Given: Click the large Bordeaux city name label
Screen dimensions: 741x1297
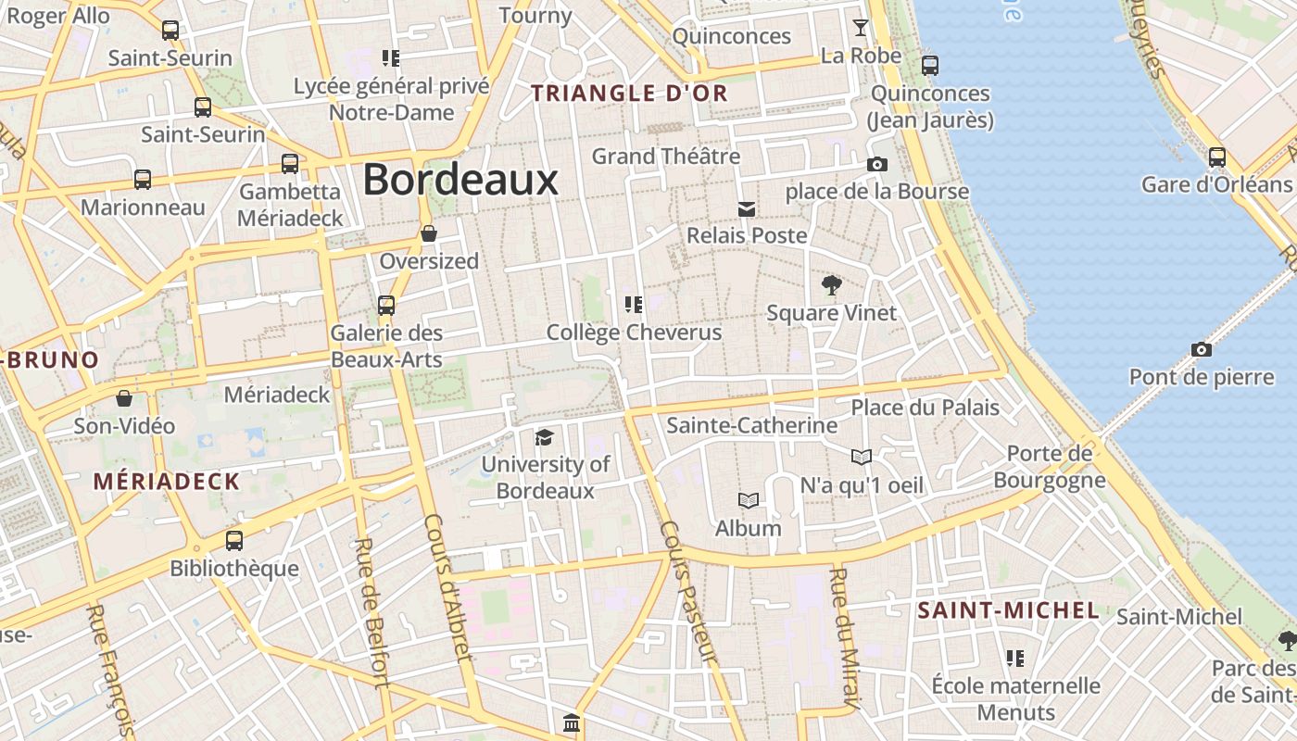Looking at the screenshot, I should click(x=460, y=180).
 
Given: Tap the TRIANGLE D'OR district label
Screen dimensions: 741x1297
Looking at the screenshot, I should click(x=629, y=94).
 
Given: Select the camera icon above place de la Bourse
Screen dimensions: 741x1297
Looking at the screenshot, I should click(x=876, y=165).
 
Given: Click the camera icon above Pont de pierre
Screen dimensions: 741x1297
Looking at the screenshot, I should click(x=1201, y=349).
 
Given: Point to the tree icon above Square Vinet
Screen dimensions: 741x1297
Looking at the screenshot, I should click(x=832, y=284).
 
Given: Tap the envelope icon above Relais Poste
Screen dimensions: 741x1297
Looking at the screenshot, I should click(x=746, y=208).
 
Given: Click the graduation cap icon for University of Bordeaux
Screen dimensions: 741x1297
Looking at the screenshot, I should click(x=544, y=437).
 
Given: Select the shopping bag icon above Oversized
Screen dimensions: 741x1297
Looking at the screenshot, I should click(x=428, y=233).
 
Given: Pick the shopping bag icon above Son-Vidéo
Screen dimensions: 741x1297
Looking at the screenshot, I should click(x=124, y=398).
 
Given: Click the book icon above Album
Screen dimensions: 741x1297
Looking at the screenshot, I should click(x=748, y=501).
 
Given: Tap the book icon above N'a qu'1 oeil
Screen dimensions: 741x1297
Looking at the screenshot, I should click(x=861, y=457).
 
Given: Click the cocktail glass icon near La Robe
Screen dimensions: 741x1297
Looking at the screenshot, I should click(x=861, y=28).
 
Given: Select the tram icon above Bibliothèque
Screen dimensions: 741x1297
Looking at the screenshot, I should click(x=234, y=540).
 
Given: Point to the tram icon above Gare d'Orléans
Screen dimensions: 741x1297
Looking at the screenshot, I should click(x=1216, y=157).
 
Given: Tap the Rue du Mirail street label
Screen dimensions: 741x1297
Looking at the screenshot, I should click(x=843, y=639).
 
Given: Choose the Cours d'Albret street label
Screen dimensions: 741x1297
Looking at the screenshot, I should click(x=449, y=602).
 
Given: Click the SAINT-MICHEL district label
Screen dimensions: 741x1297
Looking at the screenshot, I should click(x=1008, y=610).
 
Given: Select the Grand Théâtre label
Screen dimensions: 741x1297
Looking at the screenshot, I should click(x=665, y=157).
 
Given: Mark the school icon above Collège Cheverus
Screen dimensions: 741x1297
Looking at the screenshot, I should click(x=634, y=304).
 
